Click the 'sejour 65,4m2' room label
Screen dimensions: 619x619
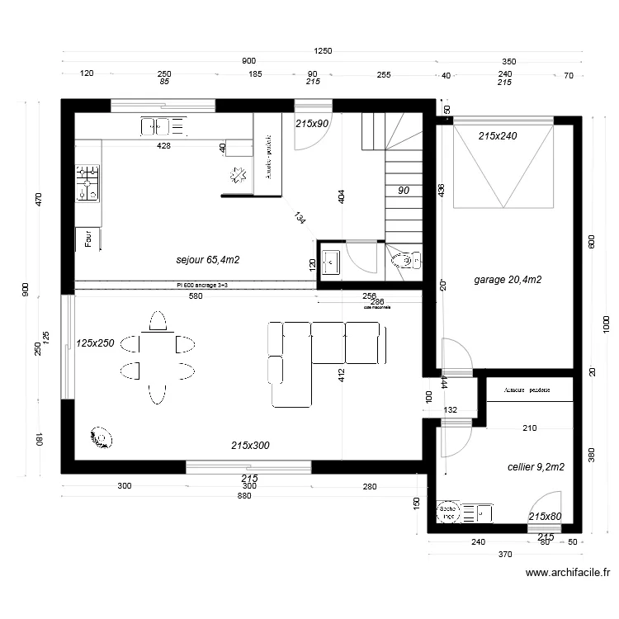[x=207, y=260]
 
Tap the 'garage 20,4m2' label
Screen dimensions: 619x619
[x=508, y=280]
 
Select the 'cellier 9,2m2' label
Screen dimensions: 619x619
[x=536, y=467]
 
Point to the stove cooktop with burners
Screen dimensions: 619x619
[x=87, y=183]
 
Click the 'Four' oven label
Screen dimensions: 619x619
[x=87, y=239]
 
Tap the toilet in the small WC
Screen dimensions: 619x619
[x=404, y=262]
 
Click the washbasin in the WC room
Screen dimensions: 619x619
[x=330, y=262]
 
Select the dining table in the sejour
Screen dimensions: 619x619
[x=156, y=357]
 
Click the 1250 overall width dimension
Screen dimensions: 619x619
[x=322, y=51]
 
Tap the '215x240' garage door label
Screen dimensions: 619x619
[x=497, y=136]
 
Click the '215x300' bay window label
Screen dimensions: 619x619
[x=250, y=446]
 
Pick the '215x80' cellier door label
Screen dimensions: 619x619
[x=545, y=517]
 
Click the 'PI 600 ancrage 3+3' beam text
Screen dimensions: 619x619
[x=196, y=285]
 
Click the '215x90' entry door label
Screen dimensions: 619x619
[x=312, y=124]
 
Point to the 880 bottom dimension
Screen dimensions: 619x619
[x=244, y=496]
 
